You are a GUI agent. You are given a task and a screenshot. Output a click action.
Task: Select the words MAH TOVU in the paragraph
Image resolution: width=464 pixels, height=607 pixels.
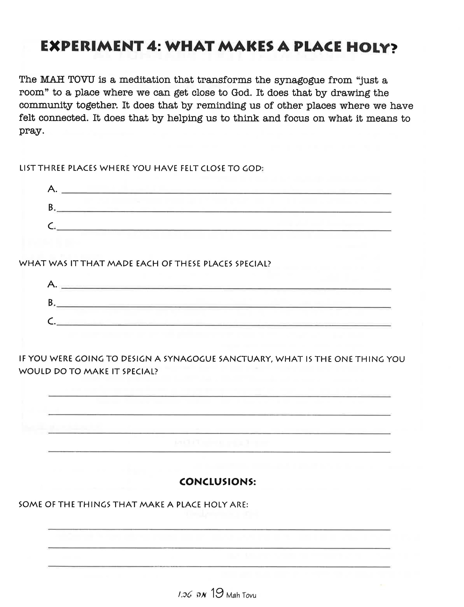pyautogui.click(x=68, y=80)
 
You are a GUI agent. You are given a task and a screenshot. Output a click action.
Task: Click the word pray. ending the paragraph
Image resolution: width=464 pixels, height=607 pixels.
pyautogui.click(x=31, y=131)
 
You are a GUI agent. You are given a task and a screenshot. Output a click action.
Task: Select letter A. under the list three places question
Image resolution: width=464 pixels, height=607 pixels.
pyautogui.click(x=52, y=189)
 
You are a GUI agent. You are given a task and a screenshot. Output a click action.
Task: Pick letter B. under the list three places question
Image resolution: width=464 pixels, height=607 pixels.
pyautogui.click(x=52, y=208)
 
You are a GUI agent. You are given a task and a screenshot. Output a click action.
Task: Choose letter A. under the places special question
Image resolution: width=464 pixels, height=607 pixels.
pyautogui.click(x=52, y=284)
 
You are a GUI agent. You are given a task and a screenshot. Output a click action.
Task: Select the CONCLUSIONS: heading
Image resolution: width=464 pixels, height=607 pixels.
pyautogui.click(x=218, y=482)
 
